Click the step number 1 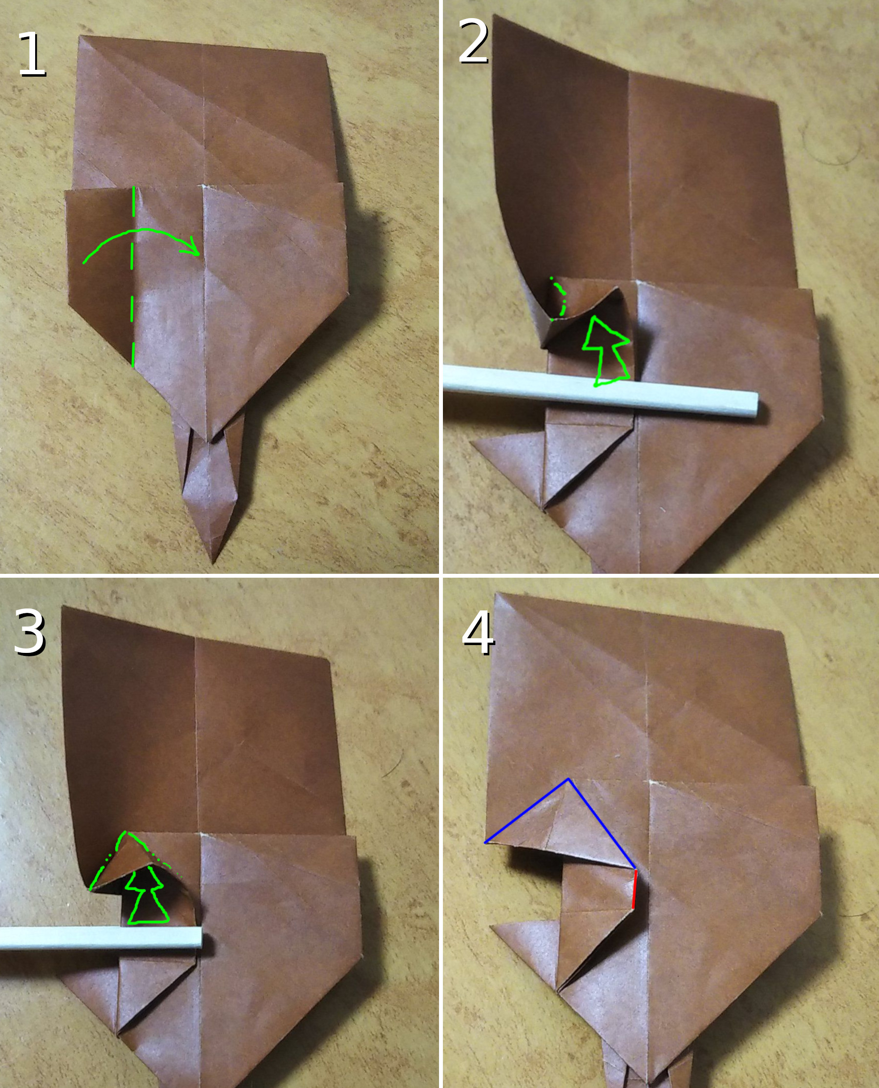31,54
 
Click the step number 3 30,632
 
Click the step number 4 478,633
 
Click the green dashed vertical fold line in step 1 133,277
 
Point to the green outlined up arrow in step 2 606,351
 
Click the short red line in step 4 634,889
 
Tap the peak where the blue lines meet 568,779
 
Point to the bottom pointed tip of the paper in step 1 213,563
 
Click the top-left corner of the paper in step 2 493,15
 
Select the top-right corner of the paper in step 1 325,53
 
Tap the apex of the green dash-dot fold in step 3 126,831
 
